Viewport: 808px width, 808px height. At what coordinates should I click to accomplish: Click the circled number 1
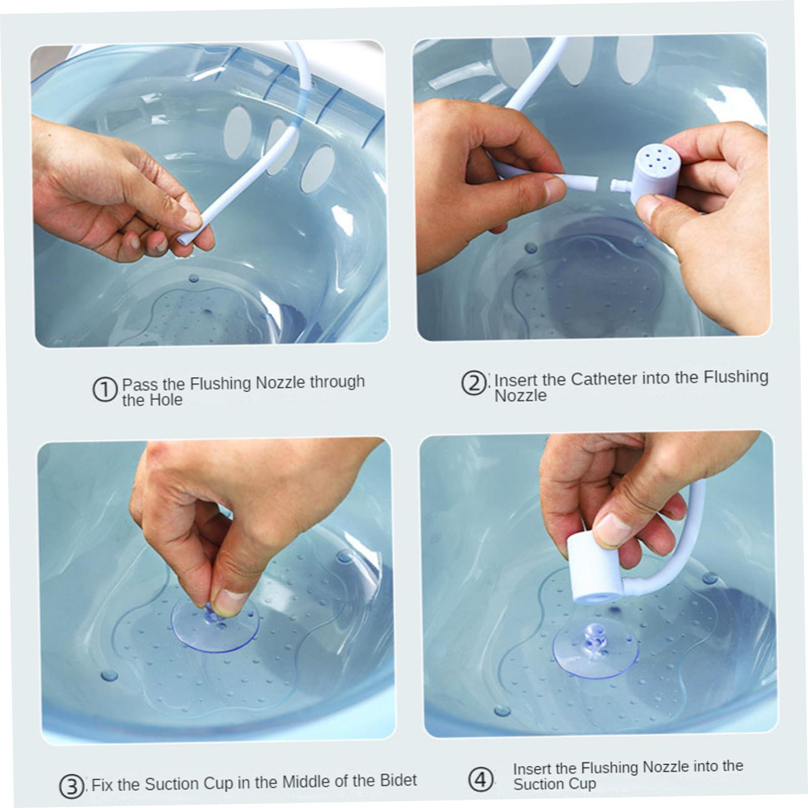click(105, 390)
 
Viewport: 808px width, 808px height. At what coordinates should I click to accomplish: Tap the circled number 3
click(71, 787)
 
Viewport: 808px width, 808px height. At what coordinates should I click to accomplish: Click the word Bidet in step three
click(398, 780)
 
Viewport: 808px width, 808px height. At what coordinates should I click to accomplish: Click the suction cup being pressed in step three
click(215, 628)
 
